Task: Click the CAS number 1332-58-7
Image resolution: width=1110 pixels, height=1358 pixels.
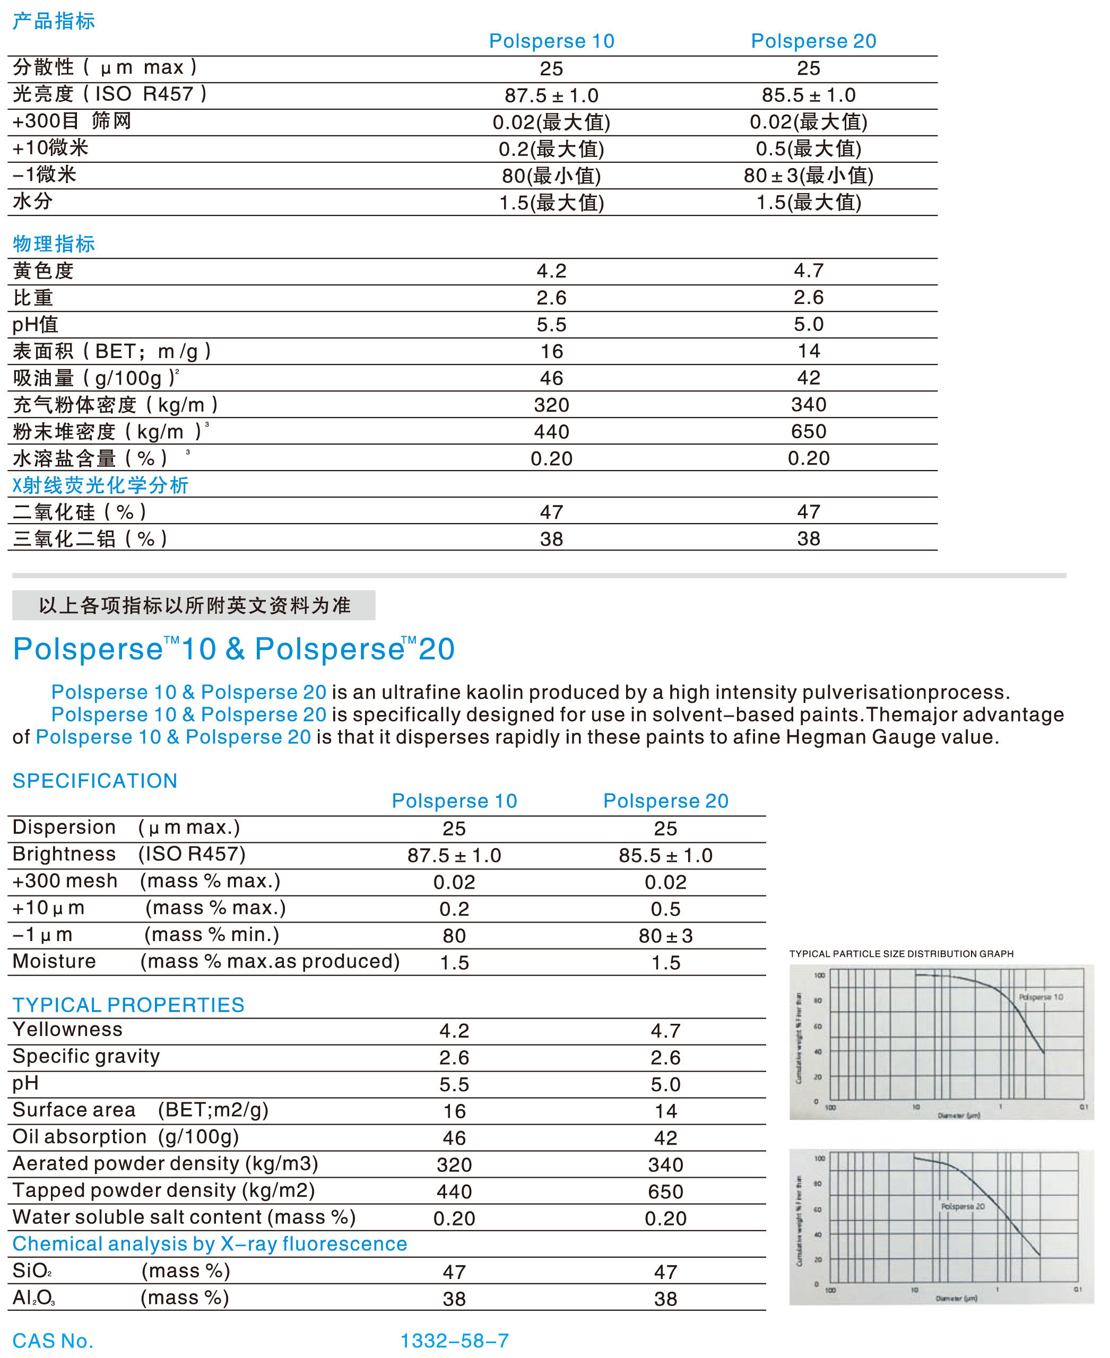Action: click(x=454, y=1340)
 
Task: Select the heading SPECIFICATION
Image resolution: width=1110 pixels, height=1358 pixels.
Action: click(x=94, y=781)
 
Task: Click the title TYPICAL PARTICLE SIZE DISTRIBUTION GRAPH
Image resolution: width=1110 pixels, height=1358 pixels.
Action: click(x=901, y=954)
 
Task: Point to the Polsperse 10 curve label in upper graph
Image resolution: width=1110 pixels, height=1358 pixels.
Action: click(x=1040, y=997)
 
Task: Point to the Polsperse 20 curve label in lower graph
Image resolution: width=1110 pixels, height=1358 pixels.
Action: click(x=962, y=1206)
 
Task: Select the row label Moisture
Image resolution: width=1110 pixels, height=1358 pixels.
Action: click(x=54, y=962)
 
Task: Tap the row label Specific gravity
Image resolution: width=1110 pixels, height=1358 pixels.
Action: click(x=85, y=1056)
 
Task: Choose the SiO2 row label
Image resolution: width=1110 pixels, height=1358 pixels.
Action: click(x=32, y=1270)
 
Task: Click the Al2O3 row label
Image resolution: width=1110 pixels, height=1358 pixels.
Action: click(x=34, y=1297)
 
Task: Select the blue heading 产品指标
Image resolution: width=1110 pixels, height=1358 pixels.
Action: click(x=54, y=21)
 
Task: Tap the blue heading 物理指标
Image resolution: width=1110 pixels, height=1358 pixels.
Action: click(x=54, y=243)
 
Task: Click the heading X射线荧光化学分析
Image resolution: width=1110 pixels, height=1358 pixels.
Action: click(x=100, y=485)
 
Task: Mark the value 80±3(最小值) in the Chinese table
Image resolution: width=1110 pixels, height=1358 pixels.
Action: click(x=808, y=175)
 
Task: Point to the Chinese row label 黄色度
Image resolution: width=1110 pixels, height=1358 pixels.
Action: click(x=43, y=271)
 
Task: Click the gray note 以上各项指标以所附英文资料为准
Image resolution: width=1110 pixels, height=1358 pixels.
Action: click(x=194, y=605)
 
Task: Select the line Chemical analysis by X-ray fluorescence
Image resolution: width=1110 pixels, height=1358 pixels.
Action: click(x=210, y=1243)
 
